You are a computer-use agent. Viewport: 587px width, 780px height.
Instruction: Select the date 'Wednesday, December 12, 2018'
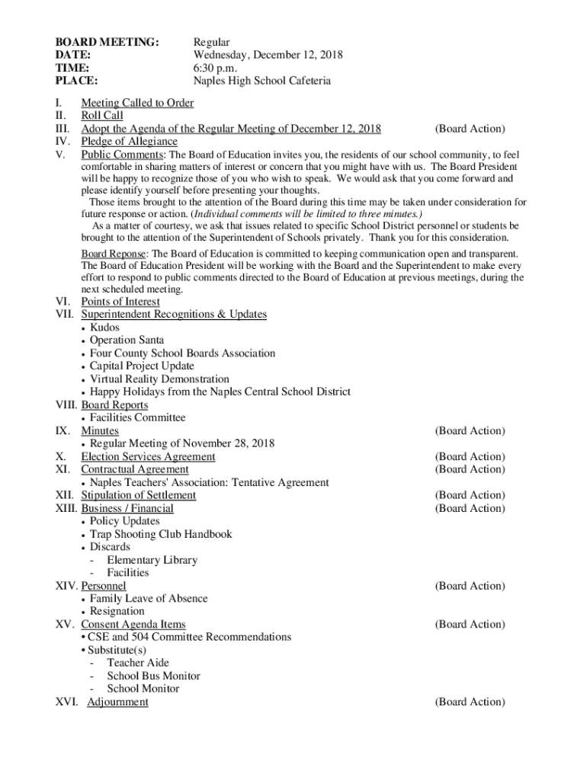point(268,55)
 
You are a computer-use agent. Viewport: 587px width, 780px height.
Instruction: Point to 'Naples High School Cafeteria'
point(261,81)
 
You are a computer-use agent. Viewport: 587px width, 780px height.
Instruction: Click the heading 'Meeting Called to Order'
point(137,103)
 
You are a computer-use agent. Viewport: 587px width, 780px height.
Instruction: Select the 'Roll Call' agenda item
point(102,116)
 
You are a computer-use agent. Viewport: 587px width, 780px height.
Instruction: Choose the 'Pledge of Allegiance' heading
point(129,141)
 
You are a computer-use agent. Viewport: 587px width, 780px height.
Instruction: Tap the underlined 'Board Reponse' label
point(116,254)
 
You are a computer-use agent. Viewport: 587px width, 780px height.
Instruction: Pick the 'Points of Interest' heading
point(120,302)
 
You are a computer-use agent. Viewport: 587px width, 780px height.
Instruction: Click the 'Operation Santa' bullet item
point(127,340)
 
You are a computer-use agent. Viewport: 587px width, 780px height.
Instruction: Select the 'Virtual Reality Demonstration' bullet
point(159,379)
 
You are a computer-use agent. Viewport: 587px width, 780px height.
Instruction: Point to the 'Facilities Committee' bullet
point(137,417)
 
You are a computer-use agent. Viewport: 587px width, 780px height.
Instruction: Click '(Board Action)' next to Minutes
point(470,430)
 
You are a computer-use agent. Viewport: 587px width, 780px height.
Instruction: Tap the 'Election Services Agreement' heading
point(148,456)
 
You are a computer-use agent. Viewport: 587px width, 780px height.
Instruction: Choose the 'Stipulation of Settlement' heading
point(138,495)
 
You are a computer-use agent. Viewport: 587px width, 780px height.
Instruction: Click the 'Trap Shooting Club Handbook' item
point(161,534)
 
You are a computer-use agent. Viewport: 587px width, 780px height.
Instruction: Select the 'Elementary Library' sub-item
point(152,560)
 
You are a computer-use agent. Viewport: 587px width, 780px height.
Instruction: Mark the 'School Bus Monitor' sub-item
point(153,676)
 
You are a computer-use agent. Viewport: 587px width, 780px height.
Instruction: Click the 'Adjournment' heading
point(117,702)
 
